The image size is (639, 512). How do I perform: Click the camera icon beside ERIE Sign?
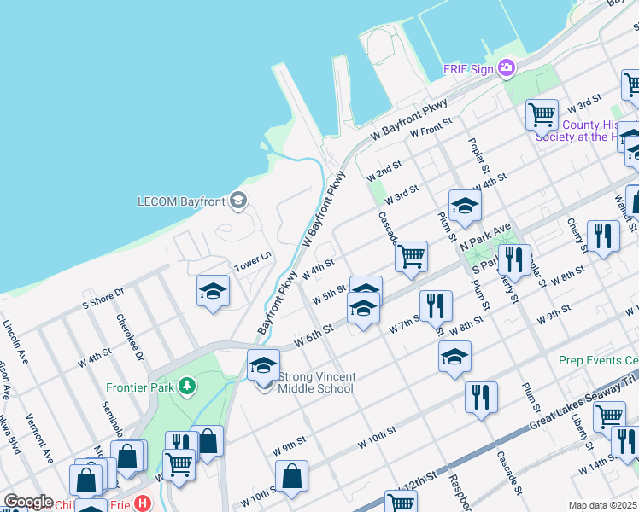[x=507, y=67]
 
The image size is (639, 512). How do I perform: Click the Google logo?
[x=28, y=502]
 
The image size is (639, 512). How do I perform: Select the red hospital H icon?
[x=143, y=504]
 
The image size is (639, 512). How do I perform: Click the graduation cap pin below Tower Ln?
[x=213, y=291]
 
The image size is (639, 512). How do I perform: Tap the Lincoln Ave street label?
[x=18, y=342]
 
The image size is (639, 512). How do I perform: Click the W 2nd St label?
[x=384, y=172]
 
